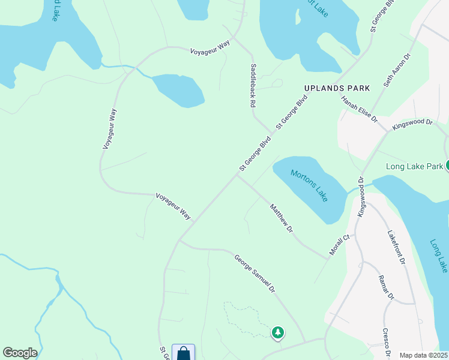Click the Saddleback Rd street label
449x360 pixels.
pos(253,86)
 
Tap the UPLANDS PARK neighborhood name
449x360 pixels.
pos(337,88)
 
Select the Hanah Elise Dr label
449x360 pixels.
pos(359,110)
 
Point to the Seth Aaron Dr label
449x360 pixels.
pos(397,71)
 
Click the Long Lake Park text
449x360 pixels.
pos(415,166)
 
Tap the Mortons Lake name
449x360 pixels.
pos(310,185)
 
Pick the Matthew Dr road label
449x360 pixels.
pos(282,218)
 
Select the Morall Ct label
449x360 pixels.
pos(339,245)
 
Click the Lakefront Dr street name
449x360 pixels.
pos(397,248)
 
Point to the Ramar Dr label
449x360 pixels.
pos(385,287)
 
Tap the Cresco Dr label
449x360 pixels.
pos(387,340)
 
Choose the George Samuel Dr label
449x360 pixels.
pos(255,274)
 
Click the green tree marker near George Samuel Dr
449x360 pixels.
pos(277,332)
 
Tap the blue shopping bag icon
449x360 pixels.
pos(183,353)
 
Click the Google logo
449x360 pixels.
pos(20,353)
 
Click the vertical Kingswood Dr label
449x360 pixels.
pos(361,197)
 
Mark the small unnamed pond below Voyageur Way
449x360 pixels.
pos(179,90)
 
